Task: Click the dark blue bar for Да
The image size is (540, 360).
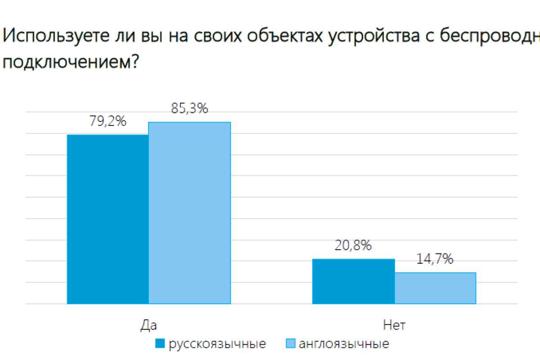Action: click(108, 219)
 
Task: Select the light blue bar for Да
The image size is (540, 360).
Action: click(189, 213)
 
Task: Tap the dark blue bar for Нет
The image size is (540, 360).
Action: click(353, 281)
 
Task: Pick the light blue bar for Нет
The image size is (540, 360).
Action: click(435, 288)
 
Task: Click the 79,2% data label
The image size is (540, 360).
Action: click(108, 121)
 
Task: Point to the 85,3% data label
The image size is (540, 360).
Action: click(189, 108)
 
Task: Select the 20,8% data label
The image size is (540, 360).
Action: click(353, 246)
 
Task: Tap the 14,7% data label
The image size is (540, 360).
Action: click(435, 259)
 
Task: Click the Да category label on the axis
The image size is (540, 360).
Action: click(148, 325)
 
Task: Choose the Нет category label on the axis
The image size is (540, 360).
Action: click(394, 325)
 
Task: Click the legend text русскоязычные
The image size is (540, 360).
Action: click(217, 344)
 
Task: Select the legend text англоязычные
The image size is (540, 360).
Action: click(344, 344)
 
